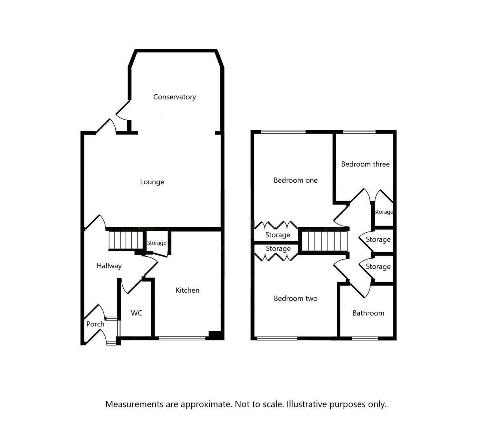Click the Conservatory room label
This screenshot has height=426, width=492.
click(x=175, y=97)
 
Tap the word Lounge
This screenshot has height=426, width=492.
click(x=152, y=182)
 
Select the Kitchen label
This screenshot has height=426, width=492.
click(x=187, y=290)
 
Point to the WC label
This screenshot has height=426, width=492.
click(x=137, y=313)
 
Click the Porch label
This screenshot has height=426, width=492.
click(x=95, y=324)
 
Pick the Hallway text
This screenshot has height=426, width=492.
click(x=109, y=266)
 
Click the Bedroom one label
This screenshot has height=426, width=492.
click(x=295, y=181)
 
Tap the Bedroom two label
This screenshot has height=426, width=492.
click(x=295, y=299)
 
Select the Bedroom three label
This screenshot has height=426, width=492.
click(x=365, y=164)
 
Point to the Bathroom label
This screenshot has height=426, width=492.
click(x=368, y=313)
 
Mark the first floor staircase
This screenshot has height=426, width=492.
click(x=324, y=241)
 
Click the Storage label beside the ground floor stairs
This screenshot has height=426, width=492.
click(x=157, y=243)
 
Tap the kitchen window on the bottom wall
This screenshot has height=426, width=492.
click(x=182, y=338)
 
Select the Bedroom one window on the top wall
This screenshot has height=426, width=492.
click(x=283, y=132)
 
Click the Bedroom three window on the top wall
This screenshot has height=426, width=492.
click(x=359, y=132)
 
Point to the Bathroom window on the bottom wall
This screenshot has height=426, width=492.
click(x=365, y=338)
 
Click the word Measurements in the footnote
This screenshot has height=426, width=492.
click(x=134, y=404)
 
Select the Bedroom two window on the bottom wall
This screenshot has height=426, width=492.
click(x=277, y=338)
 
